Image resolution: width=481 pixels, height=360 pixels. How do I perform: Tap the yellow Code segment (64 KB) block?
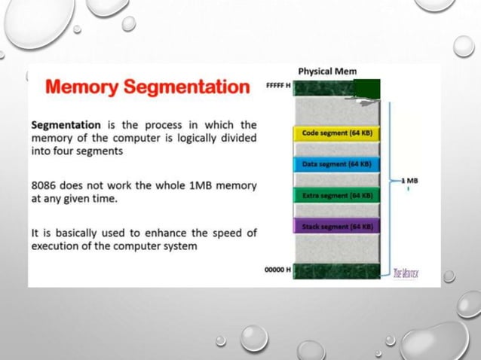click(337, 133)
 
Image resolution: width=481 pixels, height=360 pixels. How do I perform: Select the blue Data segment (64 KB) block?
click(337, 163)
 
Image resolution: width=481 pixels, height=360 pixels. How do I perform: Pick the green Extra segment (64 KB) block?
click(337, 195)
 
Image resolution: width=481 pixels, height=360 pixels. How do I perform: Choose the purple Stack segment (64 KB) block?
click(337, 226)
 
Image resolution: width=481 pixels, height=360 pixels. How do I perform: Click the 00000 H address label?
click(277, 269)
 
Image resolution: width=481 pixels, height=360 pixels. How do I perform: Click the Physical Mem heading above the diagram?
click(327, 71)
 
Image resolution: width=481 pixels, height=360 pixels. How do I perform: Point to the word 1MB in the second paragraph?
click(198, 186)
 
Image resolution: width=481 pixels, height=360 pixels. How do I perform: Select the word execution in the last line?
click(58, 246)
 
